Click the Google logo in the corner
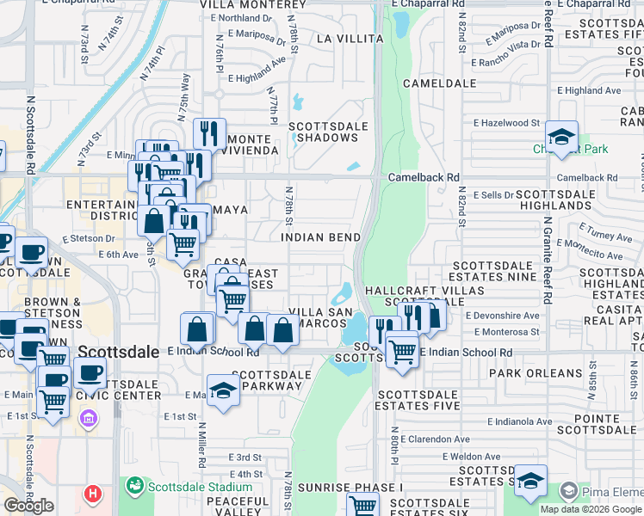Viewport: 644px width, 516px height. coord(28,506)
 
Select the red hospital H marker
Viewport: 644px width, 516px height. coord(93,494)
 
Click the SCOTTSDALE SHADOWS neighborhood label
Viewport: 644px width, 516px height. coord(328,132)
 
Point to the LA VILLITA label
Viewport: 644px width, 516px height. coord(350,39)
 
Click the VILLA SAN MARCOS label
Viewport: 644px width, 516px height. coord(318,316)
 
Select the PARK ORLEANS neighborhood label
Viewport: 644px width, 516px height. coord(536,373)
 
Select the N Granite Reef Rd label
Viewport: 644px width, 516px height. coord(548,254)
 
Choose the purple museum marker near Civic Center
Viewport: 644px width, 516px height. coord(87,419)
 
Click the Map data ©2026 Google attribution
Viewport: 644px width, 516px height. coord(591,509)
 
